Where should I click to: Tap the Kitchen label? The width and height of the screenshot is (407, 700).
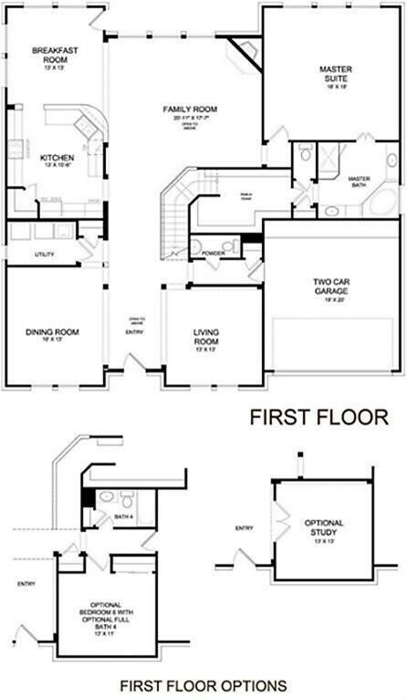click(x=56, y=157)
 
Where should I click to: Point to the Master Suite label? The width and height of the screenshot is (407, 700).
click(x=335, y=74)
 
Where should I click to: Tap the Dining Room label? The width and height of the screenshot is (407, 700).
click(x=49, y=331)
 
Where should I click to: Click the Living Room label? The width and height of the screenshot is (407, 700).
click(x=207, y=336)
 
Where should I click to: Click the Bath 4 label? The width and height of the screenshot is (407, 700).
click(x=124, y=517)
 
